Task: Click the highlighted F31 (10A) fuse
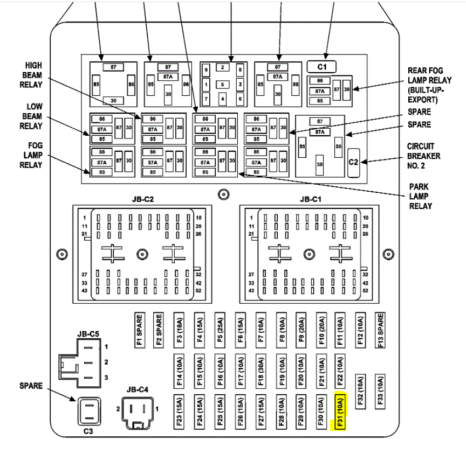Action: point(340,413)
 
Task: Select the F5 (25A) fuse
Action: point(220,331)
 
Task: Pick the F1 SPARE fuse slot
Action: point(139,331)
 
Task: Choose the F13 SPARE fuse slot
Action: point(379,331)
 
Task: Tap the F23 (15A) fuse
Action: point(179,413)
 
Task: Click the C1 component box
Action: point(322,67)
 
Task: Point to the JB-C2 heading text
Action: point(143,199)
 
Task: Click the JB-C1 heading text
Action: point(310,199)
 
